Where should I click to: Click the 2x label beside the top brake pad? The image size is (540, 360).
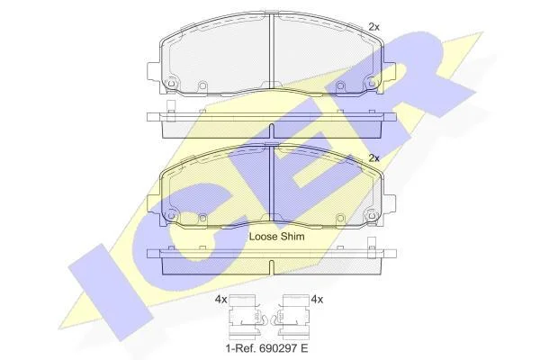coord(373,27)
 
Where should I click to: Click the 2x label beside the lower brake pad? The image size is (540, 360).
coord(373,158)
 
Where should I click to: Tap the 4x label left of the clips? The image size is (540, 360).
coord(220,300)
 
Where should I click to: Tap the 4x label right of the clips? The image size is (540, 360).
coord(317,300)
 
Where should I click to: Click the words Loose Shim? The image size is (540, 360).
coord(276,237)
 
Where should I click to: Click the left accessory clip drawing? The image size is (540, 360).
coord(247,315)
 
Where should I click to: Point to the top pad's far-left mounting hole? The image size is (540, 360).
coord(171,84)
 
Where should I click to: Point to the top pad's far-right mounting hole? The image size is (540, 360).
coord(372,84)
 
